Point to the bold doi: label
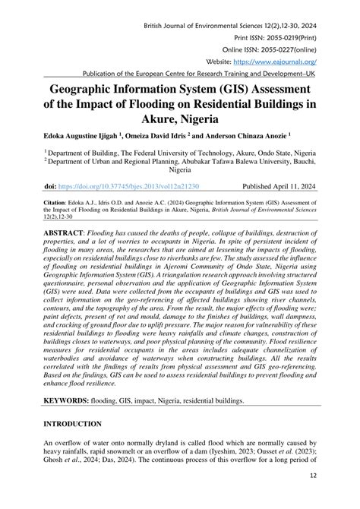pyautogui.click(x=50, y=186)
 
